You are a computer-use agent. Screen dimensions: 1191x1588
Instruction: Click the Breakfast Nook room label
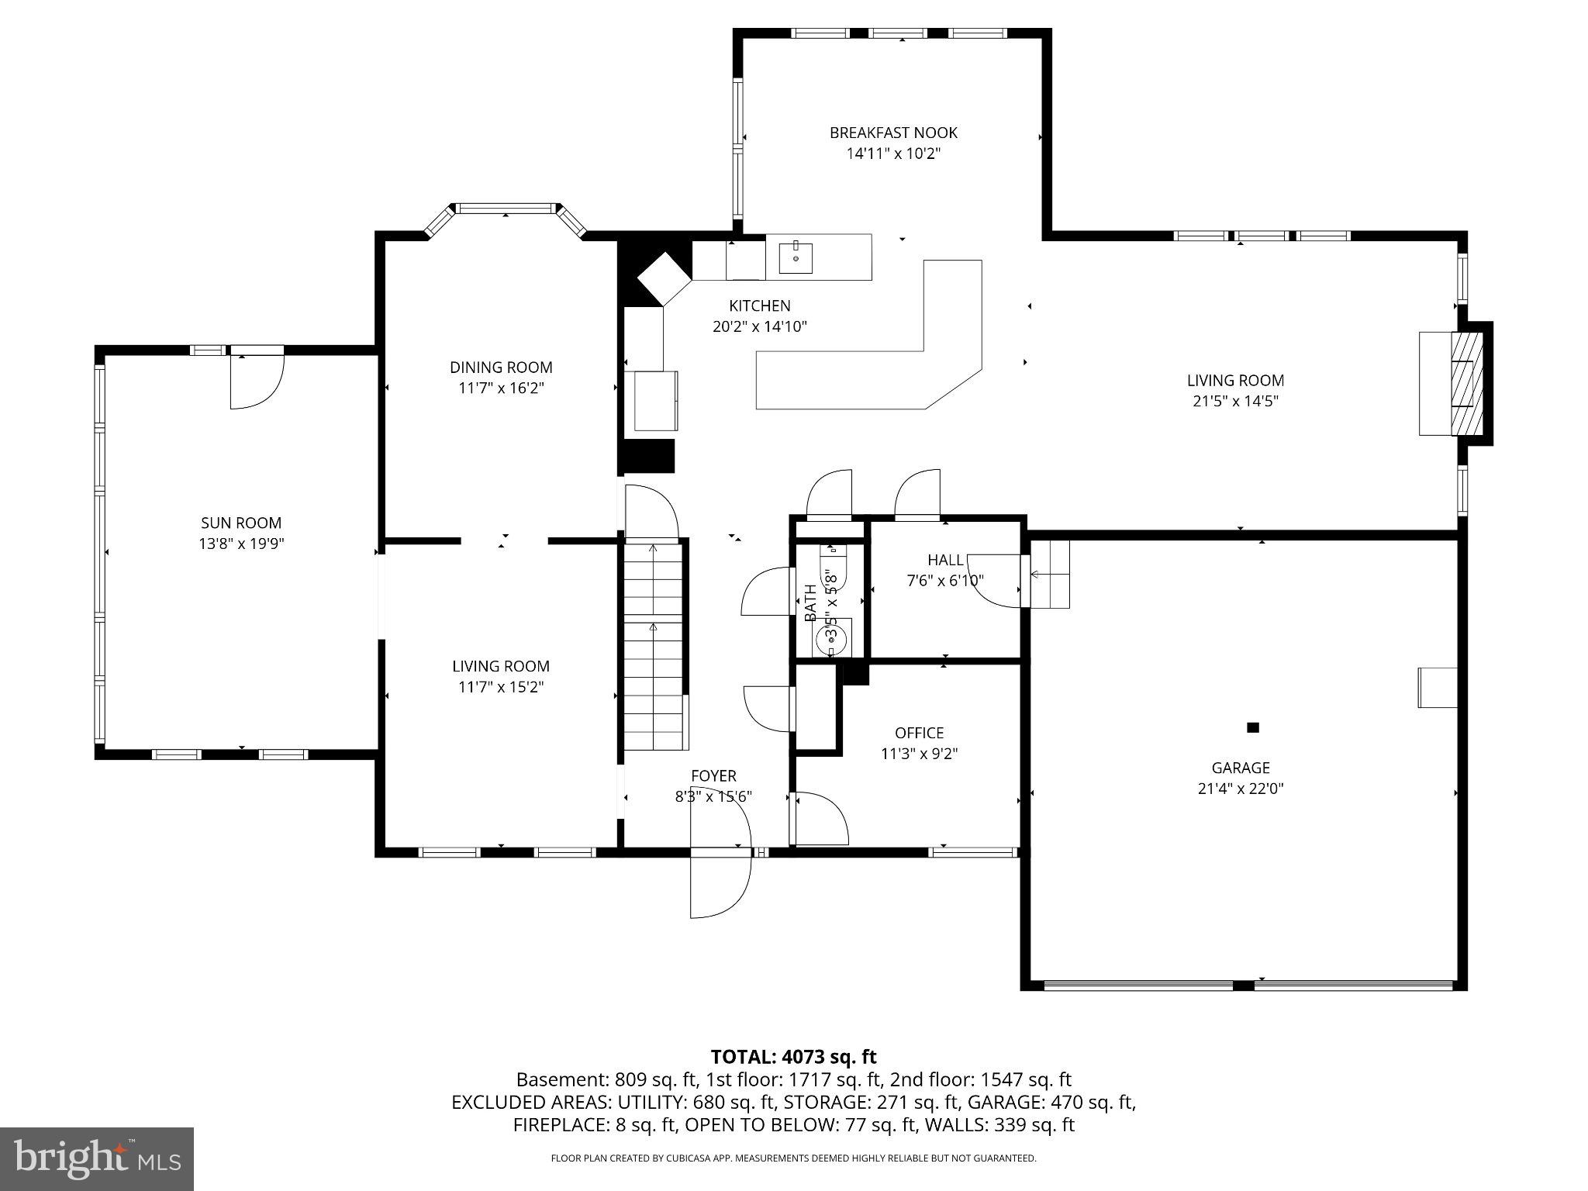[x=893, y=133]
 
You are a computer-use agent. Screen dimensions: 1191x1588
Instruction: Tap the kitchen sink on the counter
[x=796, y=257]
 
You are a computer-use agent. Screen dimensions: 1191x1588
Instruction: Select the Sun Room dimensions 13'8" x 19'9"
[x=241, y=544]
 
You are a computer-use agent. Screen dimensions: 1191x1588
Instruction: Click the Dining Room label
[x=501, y=368]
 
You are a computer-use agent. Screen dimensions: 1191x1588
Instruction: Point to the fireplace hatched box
[x=1467, y=383]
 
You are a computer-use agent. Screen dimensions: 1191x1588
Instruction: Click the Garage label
[x=1240, y=768]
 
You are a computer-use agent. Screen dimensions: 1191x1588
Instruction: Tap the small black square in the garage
[x=1252, y=727]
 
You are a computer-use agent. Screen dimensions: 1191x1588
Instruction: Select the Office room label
[x=919, y=733]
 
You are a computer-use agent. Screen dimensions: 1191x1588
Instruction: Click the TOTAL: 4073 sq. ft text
[x=793, y=1057]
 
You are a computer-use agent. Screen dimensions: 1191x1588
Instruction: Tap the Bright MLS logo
[x=97, y=1159]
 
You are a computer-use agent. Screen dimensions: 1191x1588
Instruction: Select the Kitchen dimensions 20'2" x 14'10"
[x=759, y=326]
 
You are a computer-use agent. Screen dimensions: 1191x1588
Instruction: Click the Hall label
[x=945, y=560]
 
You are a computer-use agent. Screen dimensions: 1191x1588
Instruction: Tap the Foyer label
[x=713, y=775]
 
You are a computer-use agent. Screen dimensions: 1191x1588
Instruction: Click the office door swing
[x=820, y=818]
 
